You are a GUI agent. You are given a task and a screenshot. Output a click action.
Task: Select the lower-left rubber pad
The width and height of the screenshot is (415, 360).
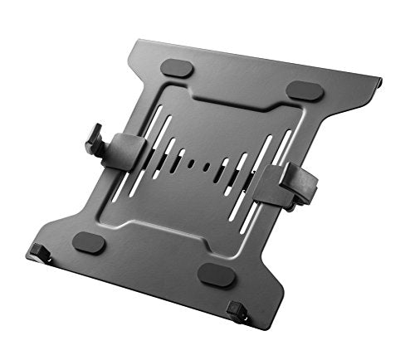coord(88,243)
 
